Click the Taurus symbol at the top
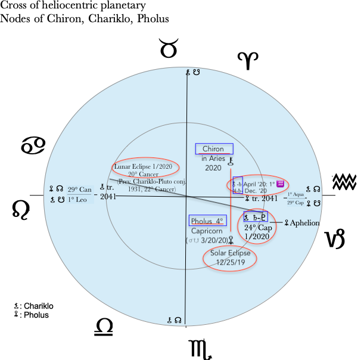pyautogui.click(x=169, y=48)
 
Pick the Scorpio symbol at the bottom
pyautogui.click(x=200, y=348)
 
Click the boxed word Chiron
pyautogui.click(x=213, y=148)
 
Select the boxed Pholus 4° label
pyautogui.click(x=207, y=221)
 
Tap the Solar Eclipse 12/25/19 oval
pyautogui.click(x=230, y=258)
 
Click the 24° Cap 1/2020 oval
pyautogui.click(x=258, y=227)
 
